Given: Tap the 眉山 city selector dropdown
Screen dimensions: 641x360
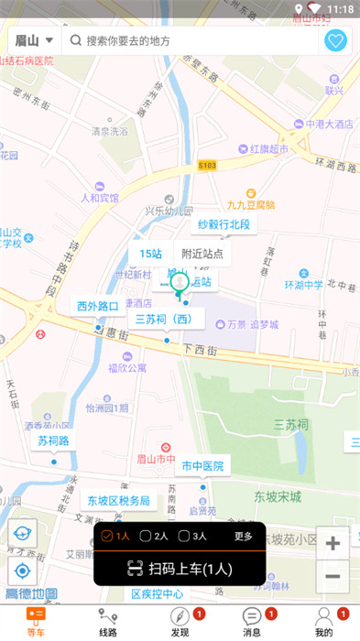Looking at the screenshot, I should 34,40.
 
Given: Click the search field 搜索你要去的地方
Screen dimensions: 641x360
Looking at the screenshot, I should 192,41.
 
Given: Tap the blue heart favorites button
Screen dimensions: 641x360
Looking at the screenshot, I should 335,41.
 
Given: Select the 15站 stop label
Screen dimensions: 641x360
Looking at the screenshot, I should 151,254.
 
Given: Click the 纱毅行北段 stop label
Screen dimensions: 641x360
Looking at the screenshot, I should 224,224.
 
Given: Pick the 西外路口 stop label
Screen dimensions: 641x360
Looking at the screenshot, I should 98,306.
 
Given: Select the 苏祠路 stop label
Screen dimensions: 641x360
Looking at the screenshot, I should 53,440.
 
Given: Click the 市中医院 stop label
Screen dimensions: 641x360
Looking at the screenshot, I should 202,466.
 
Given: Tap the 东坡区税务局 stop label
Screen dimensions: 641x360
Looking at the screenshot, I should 119,501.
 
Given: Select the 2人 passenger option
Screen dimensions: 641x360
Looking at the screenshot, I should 155,536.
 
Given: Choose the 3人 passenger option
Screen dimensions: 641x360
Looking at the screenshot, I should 192,536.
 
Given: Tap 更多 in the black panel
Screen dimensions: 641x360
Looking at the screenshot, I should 243,536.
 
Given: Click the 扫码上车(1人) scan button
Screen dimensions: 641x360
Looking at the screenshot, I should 180,569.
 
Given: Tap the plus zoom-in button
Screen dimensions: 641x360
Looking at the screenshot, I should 333,543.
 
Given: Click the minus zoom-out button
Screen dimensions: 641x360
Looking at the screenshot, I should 333,576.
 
